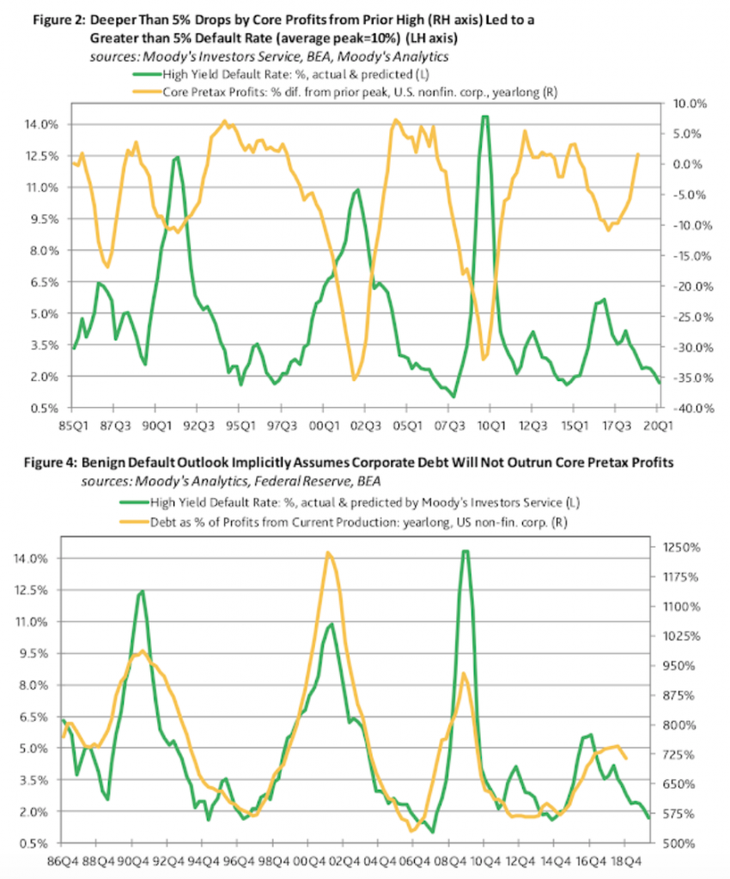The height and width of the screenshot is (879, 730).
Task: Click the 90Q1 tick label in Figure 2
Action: [x=155, y=425]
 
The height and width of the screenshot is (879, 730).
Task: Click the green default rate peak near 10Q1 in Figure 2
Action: [x=486, y=117]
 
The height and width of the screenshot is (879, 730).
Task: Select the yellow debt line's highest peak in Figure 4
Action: [x=327, y=552]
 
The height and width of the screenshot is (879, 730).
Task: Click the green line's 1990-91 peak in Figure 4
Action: [x=140, y=591]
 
